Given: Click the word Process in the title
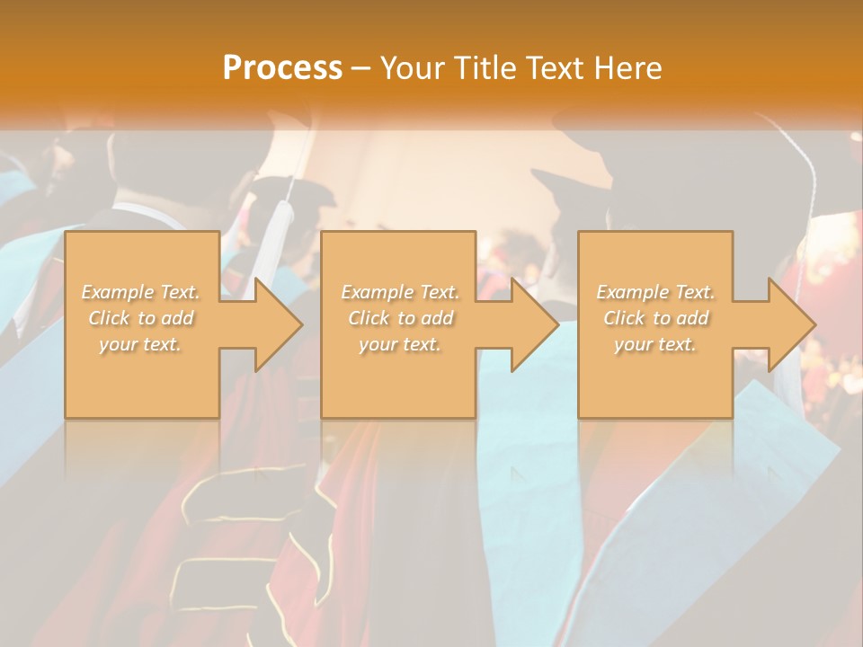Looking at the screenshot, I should (282, 67).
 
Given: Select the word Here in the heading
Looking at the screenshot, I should (628, 67).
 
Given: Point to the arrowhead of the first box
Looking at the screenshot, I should (274, 324).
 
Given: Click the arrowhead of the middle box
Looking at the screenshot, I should (530, 324).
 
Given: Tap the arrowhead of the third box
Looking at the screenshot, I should (787, 324).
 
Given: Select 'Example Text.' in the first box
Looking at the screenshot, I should (141, 292).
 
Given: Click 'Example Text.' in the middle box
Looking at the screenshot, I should (400, 292).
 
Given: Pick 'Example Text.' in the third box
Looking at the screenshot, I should (655, 292).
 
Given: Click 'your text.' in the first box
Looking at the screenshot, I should (141, 344).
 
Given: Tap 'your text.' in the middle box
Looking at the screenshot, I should (400, 344).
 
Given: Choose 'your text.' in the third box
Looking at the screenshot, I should (655, 344).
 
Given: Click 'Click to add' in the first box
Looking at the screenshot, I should (141, 318).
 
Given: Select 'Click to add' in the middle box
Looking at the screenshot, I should (400, 318).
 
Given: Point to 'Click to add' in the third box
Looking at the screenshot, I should (655, 318).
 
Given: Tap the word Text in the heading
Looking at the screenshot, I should (554, 67).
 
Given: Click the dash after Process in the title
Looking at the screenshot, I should (361, 68).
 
